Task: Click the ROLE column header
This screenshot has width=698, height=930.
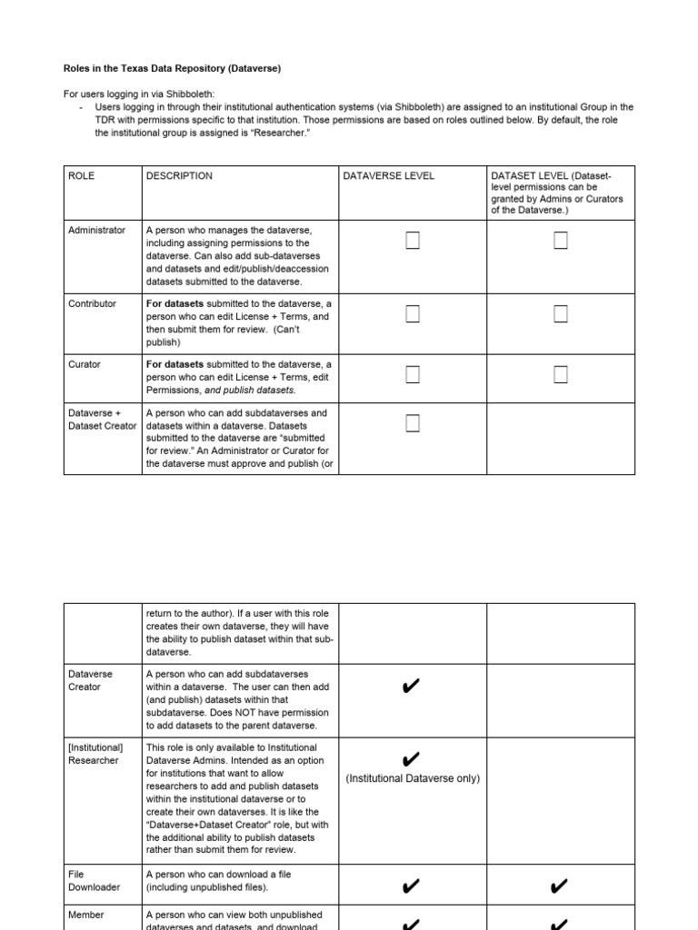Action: [x=82, y=176]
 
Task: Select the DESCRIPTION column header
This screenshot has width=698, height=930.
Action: [x=179, y=176]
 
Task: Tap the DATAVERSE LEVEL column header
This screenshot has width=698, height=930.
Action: [x=389, y=176]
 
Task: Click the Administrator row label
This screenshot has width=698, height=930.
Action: [x=96, y=231]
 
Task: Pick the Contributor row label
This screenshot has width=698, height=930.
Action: [x=93, y=304]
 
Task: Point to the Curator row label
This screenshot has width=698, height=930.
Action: [x=85, y=365]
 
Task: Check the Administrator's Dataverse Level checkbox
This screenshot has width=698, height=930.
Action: [x=413, y=241]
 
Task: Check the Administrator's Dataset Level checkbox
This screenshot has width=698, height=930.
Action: [x=561, y=241]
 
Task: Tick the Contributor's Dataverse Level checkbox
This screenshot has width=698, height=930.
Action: [x=413, y=314]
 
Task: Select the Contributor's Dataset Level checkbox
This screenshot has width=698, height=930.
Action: [x=561, y=314]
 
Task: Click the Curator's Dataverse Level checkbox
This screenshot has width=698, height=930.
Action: [x=413, y=374]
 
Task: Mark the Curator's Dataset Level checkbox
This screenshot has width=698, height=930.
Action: [x=561, y=374]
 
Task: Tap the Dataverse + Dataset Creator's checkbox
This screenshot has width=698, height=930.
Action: [x=413, y=422]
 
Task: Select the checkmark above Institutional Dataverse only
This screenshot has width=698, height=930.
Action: [x=411, y=759]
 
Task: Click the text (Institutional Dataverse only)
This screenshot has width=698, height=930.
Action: [x=413, y=778]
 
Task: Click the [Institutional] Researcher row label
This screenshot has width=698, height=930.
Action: [x=95, y=754]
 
